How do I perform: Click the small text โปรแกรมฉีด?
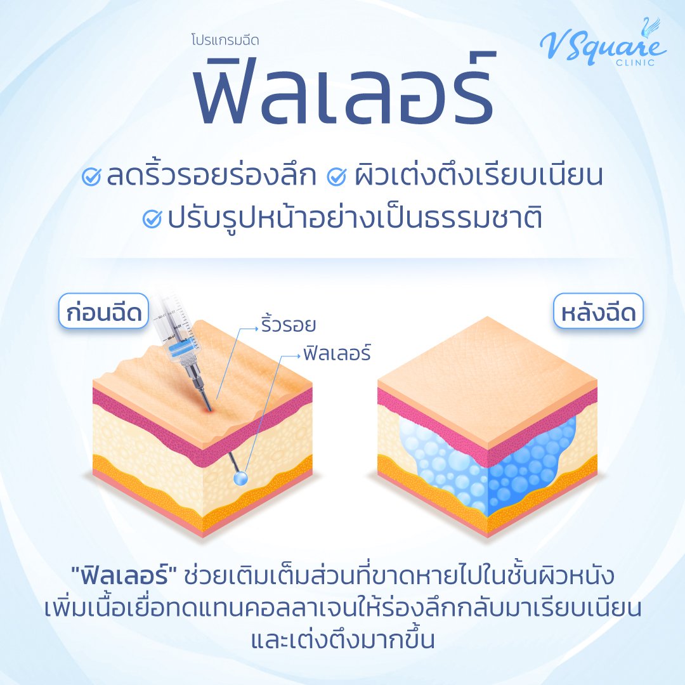point(225,39)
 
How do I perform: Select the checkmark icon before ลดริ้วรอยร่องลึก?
point(93,178)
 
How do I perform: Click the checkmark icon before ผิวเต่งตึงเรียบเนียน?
point(335,178)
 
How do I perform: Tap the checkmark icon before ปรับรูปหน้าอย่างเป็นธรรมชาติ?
point(153,219)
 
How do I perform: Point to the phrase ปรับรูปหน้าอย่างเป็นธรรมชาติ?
point(355,219)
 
